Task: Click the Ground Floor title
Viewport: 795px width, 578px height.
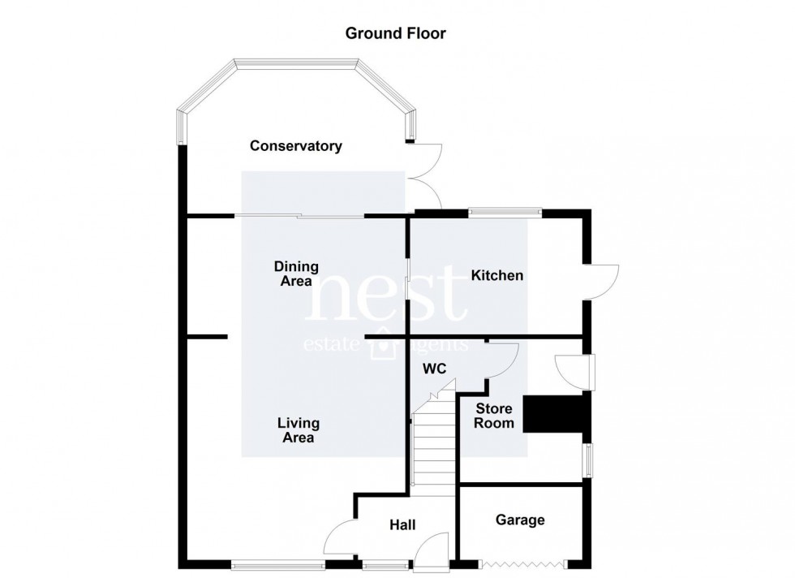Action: tap(396, 33)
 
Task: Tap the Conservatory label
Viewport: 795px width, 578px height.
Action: tap(296, 146)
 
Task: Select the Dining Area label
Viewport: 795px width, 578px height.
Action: tap(296, 274)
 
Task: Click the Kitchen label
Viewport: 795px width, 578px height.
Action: tap(496, 275)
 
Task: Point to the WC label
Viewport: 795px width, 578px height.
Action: tap(435, 369)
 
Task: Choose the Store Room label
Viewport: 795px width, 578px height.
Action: tap(494, 416)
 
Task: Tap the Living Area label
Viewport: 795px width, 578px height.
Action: tap(299, 430)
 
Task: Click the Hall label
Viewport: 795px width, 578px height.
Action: tap(402, 524)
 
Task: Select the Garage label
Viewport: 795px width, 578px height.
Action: tap(520, 520)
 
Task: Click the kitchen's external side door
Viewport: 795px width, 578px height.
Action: tap(601, 283)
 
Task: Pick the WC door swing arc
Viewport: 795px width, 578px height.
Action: tap(501, 360)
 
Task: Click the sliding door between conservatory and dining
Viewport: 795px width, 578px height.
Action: tap(299, 217)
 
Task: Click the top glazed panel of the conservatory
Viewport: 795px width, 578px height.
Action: tap(297, 63)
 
